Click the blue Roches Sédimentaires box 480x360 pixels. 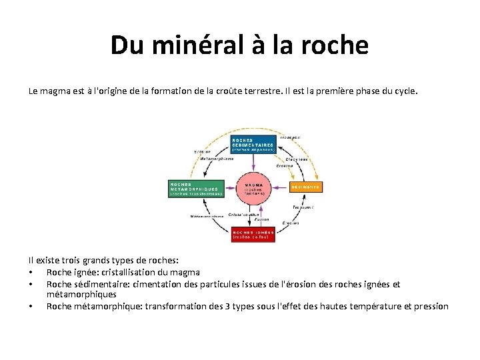253,144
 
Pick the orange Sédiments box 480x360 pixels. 306,187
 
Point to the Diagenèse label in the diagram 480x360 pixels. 296,159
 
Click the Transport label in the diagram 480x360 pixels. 303,207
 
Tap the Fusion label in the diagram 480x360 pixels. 262,219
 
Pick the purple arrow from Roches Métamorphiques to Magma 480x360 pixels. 229,187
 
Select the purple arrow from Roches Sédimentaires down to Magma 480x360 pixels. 253,163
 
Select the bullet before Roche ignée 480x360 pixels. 31,272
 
